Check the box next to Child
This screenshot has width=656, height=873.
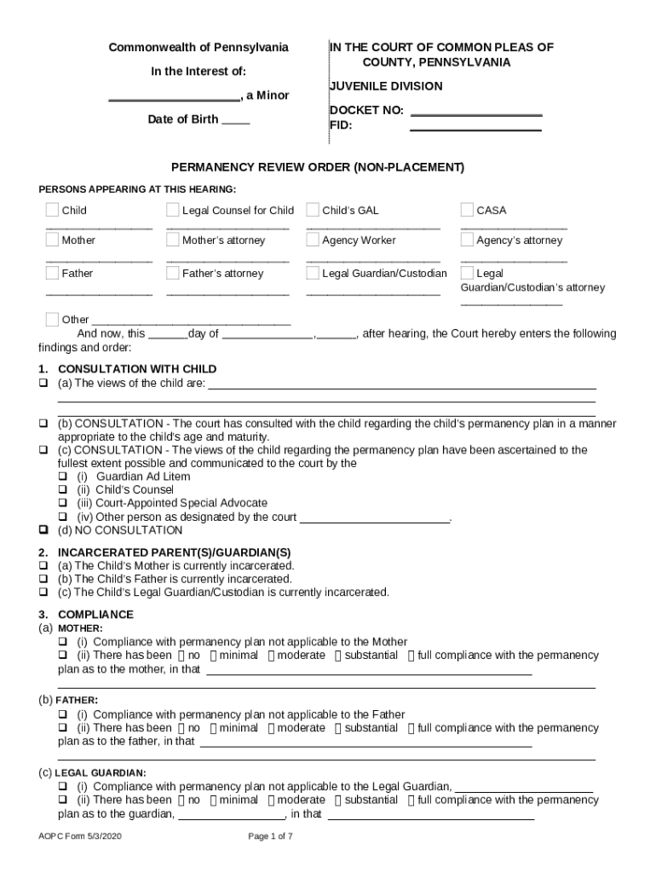(x=53, y=211)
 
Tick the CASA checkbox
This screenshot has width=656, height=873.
(x=467, y=211)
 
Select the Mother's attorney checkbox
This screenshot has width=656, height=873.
(x=173, y=240)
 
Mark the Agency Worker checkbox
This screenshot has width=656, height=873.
(x=313, y=240)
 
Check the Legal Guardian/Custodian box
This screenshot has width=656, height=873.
(x=313, y=274)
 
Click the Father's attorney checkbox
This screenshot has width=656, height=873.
(x=173, y=274)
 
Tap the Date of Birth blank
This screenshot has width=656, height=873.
(x=235, y=120)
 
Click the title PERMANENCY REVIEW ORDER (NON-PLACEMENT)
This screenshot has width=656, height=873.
(x=318, y=168)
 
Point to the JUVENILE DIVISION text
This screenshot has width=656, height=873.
(x=386, y=86)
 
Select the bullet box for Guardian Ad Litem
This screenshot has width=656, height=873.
(x=62, y=477)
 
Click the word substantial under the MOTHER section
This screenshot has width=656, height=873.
(x=371, y=656)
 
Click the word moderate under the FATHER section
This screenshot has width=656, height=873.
(x=301, y=728)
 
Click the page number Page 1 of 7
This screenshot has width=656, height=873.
(x=270, y=836)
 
